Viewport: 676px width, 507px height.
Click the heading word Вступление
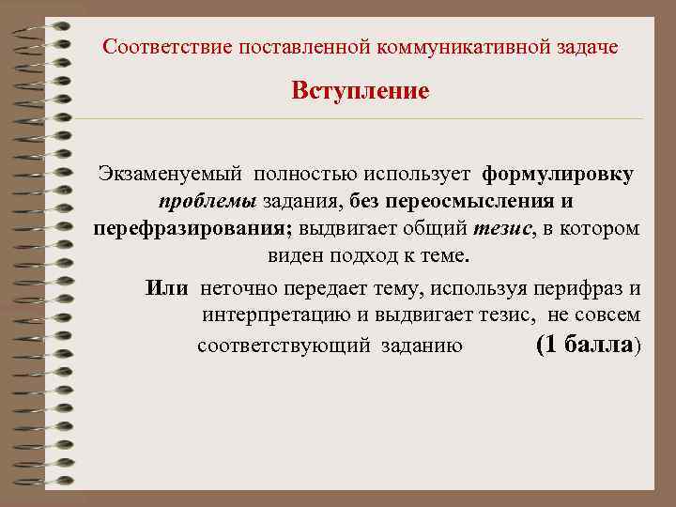tap(360, 91)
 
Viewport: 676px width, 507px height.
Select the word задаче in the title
tap(589, 46)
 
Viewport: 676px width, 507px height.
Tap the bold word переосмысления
tap(483, 202)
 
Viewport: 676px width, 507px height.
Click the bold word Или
tap(168, 287)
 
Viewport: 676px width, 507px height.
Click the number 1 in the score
tap(550, 344)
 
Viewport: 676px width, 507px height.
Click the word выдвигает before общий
tap(342, 229)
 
